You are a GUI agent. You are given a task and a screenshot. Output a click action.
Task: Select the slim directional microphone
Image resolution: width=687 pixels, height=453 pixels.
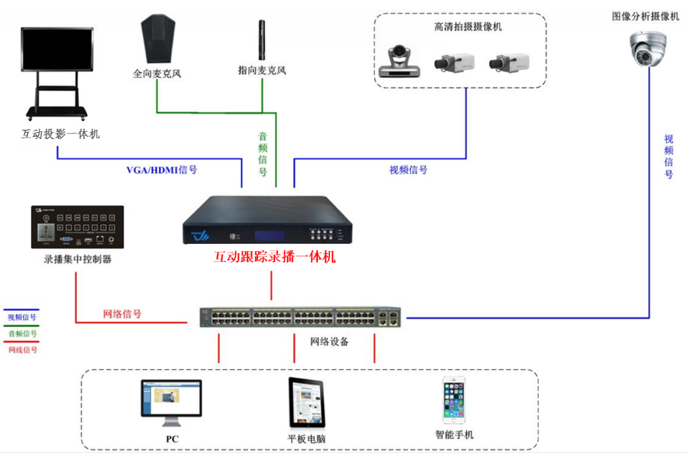pyautogui.click(x=262, y=40)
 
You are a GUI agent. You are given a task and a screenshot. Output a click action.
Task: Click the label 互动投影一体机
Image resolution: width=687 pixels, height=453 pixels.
pyautogui.click(x=60, y=134)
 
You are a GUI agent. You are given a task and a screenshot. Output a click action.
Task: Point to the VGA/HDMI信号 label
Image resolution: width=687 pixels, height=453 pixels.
pyautogui.click(x=162, y=170)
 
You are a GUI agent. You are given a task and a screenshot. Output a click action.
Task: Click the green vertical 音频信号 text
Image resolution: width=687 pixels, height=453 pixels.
pyautogui.click(x=263, y=153)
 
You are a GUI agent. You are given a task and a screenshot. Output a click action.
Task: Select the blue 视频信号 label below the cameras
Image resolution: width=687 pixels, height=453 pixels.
pyautogui.click(x=408, y=169)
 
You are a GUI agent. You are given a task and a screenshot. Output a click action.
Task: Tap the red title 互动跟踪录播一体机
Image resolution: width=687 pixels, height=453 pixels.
pyautogui.click(x=274, y=257)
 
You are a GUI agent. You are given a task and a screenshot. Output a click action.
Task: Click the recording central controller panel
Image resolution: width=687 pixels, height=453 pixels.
pyautogui.click(x=77, y=225)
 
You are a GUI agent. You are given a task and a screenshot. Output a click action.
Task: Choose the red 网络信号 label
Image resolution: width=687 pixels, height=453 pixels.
pyautogui.click(x=122, y=315)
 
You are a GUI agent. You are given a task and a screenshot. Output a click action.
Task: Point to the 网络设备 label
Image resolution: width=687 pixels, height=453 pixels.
pyautogui.click(x=330, y=341)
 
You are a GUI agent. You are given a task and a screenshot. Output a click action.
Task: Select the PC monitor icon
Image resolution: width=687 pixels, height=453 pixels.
pyautogui.click(x=171, y=402)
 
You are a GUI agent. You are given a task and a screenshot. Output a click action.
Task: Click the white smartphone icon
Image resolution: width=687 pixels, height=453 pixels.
pyautogui.click(x=454, y=400)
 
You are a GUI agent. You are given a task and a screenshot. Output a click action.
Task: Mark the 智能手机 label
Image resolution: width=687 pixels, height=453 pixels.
pyautogui.click(x=454, y=434)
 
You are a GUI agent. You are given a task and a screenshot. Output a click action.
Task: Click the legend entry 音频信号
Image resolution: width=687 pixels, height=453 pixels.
pyautogui.click(x=23, y=333)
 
